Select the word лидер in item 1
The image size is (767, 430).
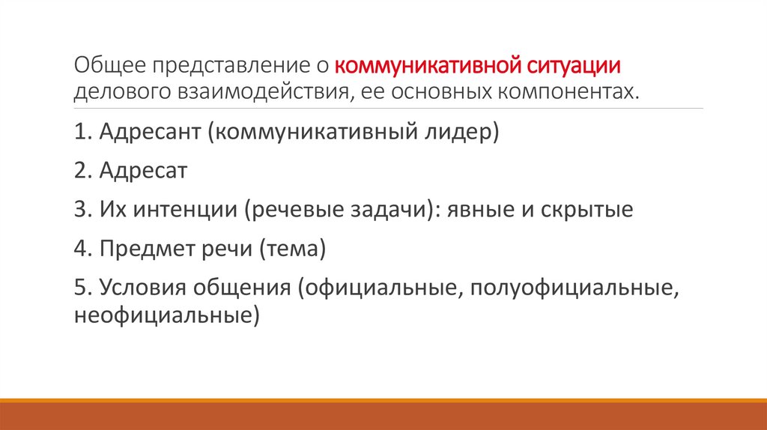(x=449, y=133)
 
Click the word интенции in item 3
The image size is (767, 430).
(x=185, y=209)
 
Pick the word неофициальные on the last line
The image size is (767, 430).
(x=163, y=315)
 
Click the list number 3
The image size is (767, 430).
(x=81, y=209)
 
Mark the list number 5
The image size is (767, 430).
(x=81, y=288)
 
